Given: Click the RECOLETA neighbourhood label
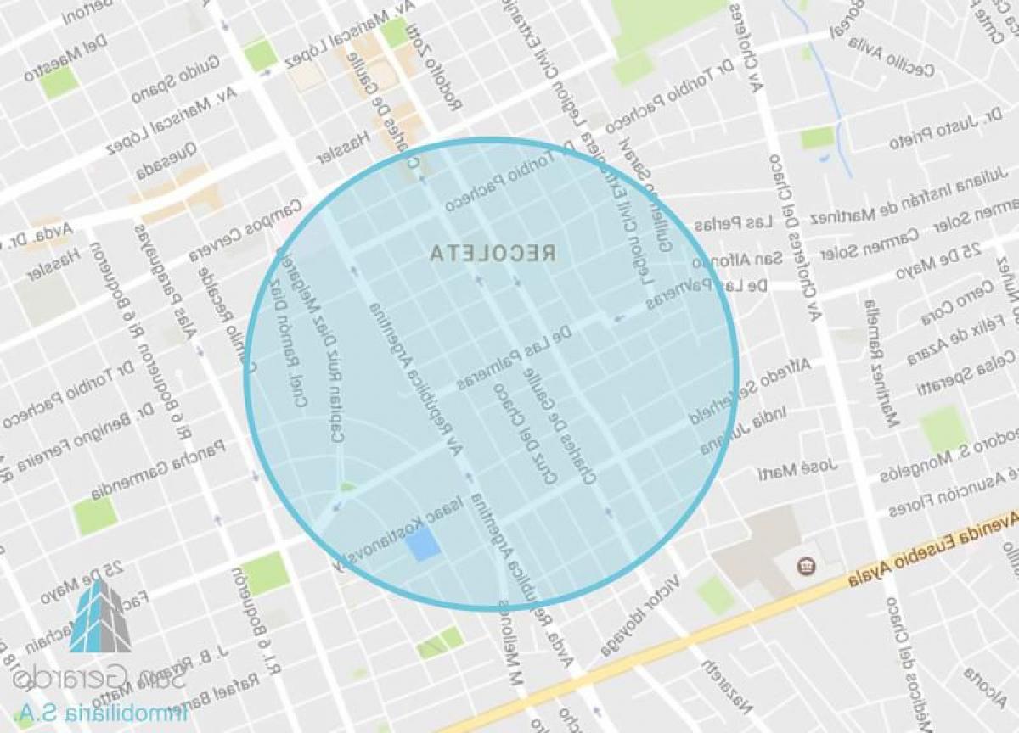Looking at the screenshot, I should (x=493, y=253).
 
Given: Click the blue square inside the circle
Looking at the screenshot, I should (x=423, y=543).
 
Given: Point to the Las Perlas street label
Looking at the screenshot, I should (x=733, y=224).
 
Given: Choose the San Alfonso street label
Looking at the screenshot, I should (x=734, y=260).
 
